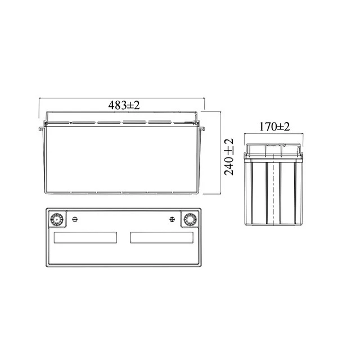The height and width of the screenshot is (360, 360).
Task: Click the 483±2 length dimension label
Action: coord(124,105)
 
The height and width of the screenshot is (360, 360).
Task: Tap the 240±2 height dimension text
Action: coord(229,157)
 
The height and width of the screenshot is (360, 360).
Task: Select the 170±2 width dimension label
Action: coord(274,127)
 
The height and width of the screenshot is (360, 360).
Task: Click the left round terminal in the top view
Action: coord(56,219)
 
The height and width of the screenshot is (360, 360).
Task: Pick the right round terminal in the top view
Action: coord(190,219)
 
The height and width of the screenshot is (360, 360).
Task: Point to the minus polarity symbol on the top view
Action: coord(75,219)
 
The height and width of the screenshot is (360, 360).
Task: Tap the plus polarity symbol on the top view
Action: coord(172,219)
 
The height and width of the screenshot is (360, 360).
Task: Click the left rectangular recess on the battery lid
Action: coord(85,237)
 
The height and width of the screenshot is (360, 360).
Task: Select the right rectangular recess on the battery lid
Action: coord(162,237)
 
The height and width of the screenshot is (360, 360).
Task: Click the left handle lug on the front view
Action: coord(41,129)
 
